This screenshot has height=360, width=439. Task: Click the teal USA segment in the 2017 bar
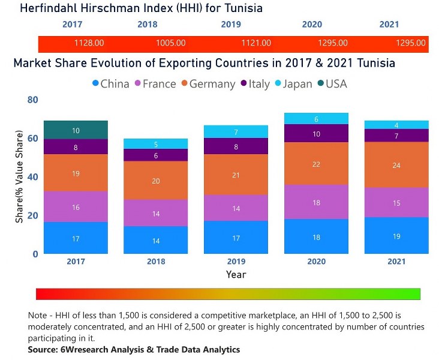pyautogui.click(x=76, y=130)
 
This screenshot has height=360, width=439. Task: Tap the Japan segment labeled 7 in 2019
pyautogui.click(x=236, y=131)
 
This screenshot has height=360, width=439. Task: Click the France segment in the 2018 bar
pyautogui.click(x=156, y=212)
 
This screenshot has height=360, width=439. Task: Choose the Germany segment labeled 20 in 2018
pyautogui.click(x=156, y=181)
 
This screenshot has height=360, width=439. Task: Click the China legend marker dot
pyautogui.click(x=95, y=83)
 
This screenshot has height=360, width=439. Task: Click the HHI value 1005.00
pyautogui.click(x=171, y=43)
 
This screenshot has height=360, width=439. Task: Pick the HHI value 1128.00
pyautogui.click(x=89, y=43)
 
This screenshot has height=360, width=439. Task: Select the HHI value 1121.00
pyautogui.click(x=256, y=43)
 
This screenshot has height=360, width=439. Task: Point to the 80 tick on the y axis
pyautogui.click(x=32, y=100)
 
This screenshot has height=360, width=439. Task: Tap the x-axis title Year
pyautogui.click(x=236, y=274)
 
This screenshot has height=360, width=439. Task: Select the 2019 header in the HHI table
pyautogui.click(x=231, y=25)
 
